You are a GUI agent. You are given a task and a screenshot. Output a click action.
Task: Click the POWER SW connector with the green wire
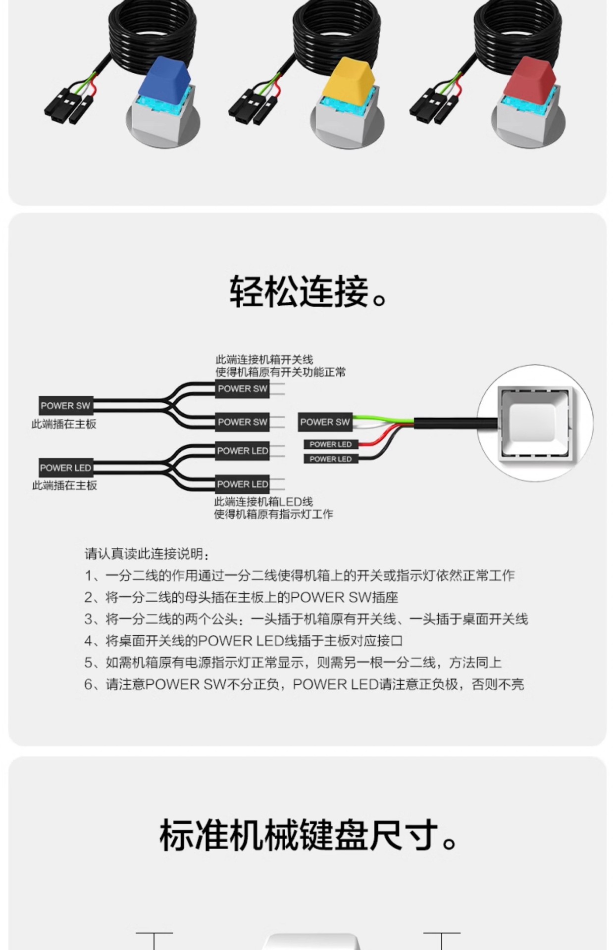325,422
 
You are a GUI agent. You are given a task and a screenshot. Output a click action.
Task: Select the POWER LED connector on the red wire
330,444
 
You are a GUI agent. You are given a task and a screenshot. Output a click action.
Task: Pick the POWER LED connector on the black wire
330,459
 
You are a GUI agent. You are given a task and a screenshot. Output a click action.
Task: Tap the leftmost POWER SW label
65,406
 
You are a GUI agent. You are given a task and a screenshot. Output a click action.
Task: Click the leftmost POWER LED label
65,468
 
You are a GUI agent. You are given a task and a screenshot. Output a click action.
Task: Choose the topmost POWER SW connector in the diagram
242,389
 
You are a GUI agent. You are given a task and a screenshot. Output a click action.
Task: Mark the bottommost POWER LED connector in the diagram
242,484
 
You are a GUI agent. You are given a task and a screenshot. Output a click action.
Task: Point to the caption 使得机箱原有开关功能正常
280,372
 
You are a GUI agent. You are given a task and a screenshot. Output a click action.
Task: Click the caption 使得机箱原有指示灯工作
273,514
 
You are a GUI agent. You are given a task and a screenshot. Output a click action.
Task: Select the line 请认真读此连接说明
147,554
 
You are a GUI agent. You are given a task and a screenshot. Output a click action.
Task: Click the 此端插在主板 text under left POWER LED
64,485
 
